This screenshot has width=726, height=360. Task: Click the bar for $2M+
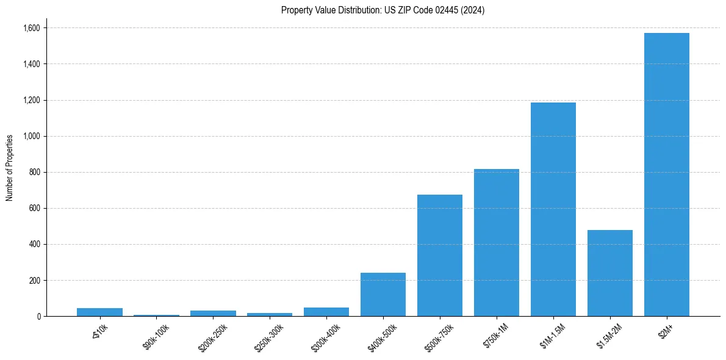[666, 175]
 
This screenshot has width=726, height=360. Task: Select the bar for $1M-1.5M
[553, 209]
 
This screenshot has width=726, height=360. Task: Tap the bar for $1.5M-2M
[609, 273]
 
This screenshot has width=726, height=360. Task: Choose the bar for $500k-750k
[439, 255]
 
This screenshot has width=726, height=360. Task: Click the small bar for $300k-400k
[326, 312]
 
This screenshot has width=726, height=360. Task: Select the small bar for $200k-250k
[213, 313]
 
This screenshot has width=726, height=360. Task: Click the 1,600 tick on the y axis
[31, 28]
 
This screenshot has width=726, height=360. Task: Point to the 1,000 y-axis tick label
[31, 136]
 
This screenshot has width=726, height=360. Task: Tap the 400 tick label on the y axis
[35, 245]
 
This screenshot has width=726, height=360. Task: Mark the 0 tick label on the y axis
[39, 317]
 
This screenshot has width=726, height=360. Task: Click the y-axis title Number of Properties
[10, 168]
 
